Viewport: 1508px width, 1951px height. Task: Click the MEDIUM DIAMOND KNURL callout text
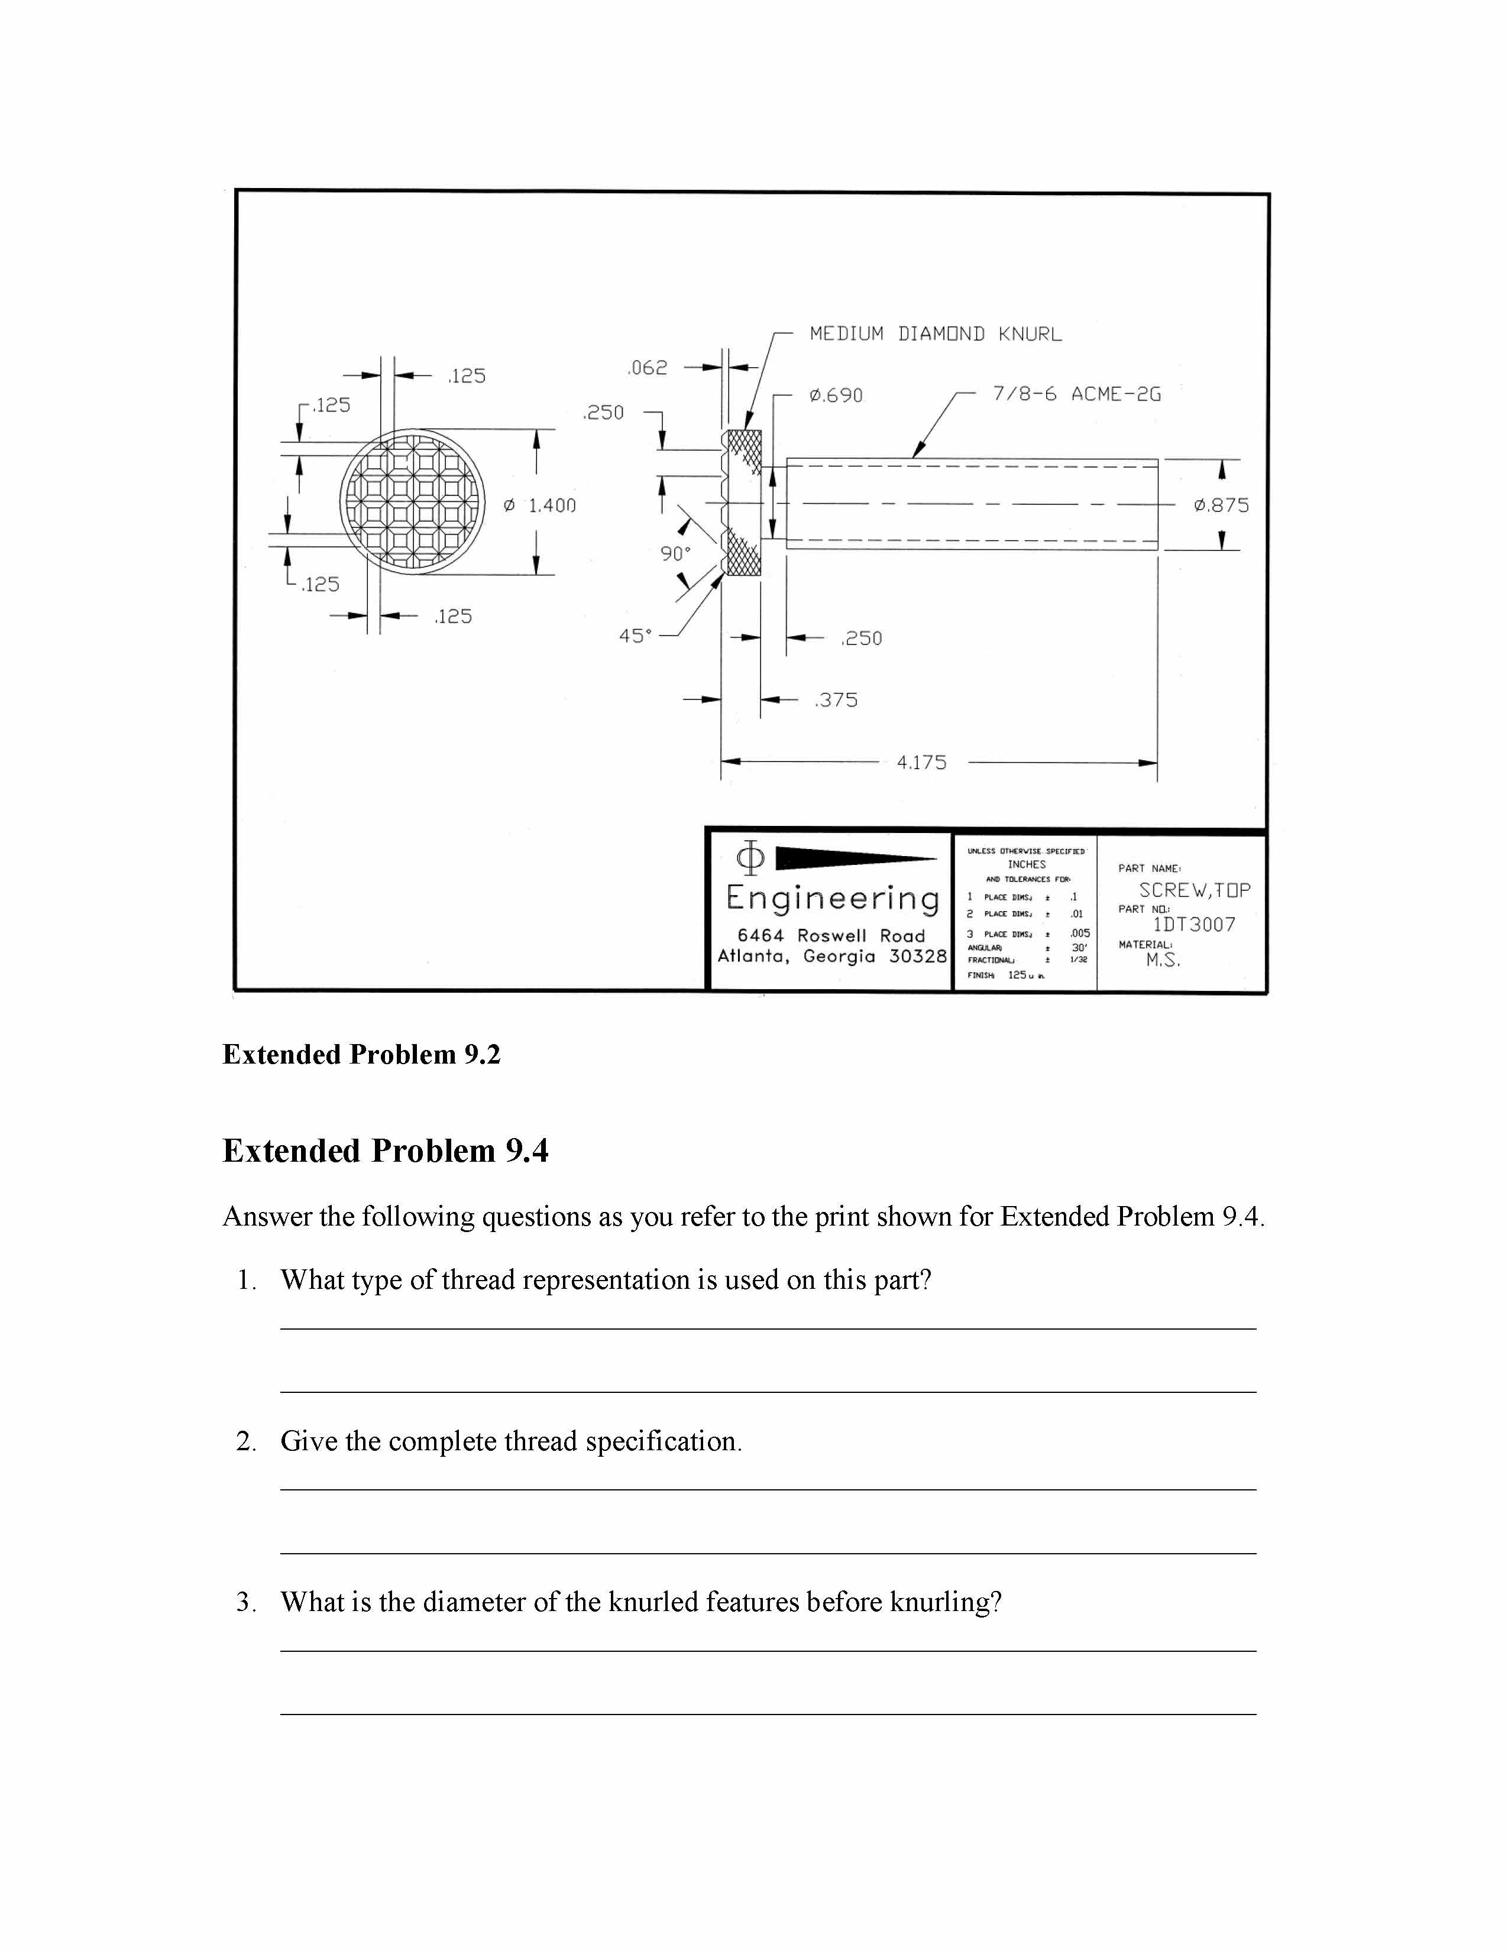pos(936,334)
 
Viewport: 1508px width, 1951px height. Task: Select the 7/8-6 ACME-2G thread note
pos(1076,394)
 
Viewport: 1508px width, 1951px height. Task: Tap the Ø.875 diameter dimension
pos(1221,505)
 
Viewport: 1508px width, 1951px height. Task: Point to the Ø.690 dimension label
pos(836,396)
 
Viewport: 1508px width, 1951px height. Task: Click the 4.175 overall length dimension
pos(921,763)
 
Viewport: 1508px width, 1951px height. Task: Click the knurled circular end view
pos(412,502)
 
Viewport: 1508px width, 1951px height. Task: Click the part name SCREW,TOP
pos(1195,890)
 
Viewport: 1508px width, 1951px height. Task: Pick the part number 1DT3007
pos(1193,925)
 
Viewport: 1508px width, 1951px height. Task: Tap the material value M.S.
pos(1163,960)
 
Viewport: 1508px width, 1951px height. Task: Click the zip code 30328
pos(917,956)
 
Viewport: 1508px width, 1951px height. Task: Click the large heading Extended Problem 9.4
pos(385,1150)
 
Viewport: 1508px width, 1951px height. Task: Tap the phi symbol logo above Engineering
pos(749,858)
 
